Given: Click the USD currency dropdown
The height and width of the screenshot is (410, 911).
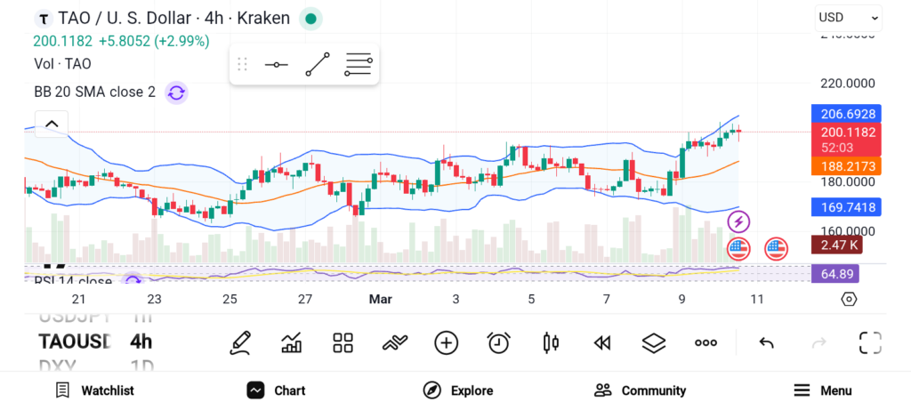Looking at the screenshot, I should coord(848,18).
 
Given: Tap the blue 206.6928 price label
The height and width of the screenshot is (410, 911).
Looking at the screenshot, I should coord(846,114).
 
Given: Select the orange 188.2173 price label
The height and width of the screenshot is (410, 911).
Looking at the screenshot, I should coord(846,166).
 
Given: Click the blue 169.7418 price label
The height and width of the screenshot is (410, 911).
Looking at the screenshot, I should coord(846,207).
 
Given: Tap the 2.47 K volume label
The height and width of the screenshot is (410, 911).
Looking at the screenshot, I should coord(840,245).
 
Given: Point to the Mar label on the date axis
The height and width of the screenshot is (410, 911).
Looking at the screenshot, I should coord(381,300).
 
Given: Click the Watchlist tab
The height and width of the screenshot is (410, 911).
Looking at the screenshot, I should coord(94,390).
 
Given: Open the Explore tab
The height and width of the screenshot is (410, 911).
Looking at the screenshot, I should coord(458,390).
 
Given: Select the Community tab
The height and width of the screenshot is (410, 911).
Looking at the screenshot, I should coord(640,390).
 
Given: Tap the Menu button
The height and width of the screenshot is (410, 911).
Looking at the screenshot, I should coord(823,390).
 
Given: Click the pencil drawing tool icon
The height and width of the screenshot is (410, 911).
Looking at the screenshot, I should coord(239,342).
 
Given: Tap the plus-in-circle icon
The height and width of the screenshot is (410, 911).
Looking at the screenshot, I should coord(446,342).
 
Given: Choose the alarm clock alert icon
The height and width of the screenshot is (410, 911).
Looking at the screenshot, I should coord(498,342).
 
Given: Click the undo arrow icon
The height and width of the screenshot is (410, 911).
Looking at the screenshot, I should coord(766,342).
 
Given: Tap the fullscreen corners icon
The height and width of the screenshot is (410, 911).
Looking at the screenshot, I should coord(869,342).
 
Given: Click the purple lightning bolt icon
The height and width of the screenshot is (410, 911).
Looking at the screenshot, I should coord(738,221).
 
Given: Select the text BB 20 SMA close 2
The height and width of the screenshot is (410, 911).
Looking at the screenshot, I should coord(94,92).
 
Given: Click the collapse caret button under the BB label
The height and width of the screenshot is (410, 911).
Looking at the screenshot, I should coord(52,124).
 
